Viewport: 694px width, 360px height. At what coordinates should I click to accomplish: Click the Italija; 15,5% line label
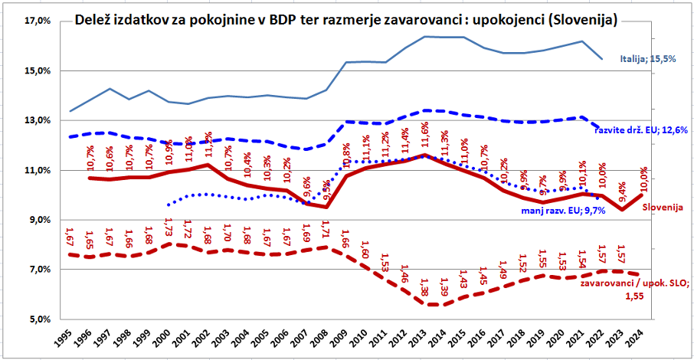648,58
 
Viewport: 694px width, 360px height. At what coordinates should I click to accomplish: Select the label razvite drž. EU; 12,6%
640,129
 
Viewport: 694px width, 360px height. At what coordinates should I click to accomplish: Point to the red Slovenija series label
662,207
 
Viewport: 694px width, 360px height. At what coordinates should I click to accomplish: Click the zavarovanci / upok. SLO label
635,283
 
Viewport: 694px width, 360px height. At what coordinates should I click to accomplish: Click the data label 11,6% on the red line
425,136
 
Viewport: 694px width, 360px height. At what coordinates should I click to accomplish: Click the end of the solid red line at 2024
642,195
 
